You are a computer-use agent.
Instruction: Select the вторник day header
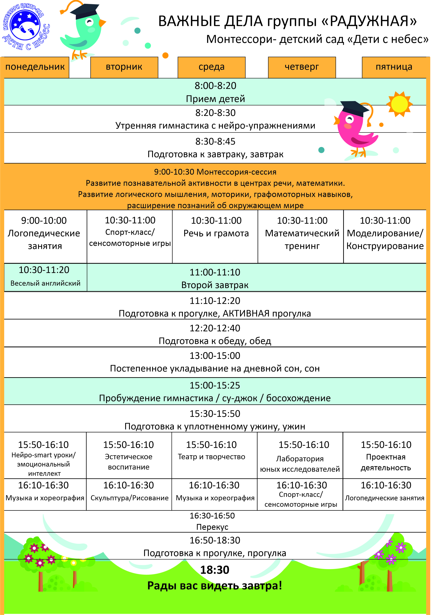pyautogui.click(x=124, y=67)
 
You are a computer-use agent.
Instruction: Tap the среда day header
pyautogui.click(x=212, y=67)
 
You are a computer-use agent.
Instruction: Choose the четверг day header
pyautogui.click(x=302, y=67)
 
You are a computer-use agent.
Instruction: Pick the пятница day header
pyautogui.click(x=394, y=67)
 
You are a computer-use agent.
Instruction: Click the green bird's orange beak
pyautogui.click(x=102, y=23)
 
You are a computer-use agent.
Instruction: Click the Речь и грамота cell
pyautogui.click(x=216, y=234)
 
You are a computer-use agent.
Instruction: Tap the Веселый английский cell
pyautogui.click(x=45, y=283)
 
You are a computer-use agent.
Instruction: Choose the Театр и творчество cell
pyautogui.click(x=212, y=457)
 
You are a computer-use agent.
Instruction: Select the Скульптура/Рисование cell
pyautogui.click(x=129, y=498)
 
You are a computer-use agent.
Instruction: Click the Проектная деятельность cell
pyautogui.click(x=386, y=462)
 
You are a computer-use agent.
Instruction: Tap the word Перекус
pyautogui.click(x=212, y=527)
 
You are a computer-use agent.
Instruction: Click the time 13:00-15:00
pyautogui.click(x=215, y=356)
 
